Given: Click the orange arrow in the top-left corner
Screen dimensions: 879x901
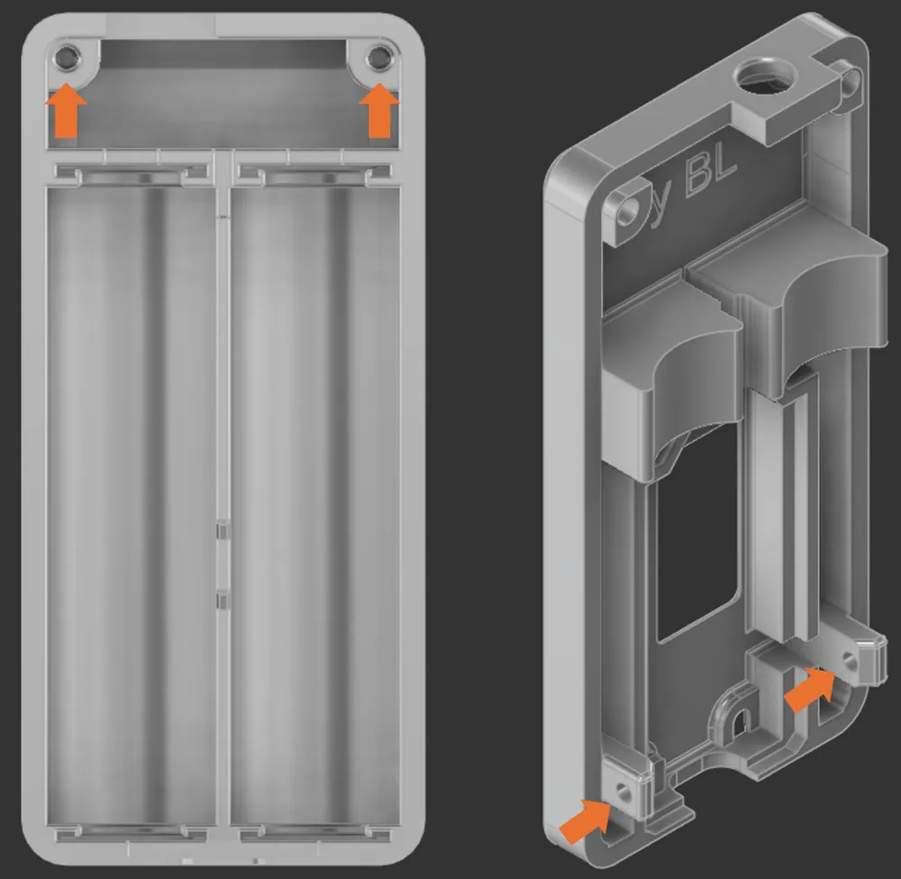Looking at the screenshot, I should [66, 110].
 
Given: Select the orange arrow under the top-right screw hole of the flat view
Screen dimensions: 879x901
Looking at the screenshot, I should [378, 110].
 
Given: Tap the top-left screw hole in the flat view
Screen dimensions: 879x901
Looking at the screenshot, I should [66, 59].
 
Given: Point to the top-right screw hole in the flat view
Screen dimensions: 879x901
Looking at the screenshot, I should [379, 59].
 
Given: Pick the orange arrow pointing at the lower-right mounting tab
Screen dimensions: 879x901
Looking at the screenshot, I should [807, 690].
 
